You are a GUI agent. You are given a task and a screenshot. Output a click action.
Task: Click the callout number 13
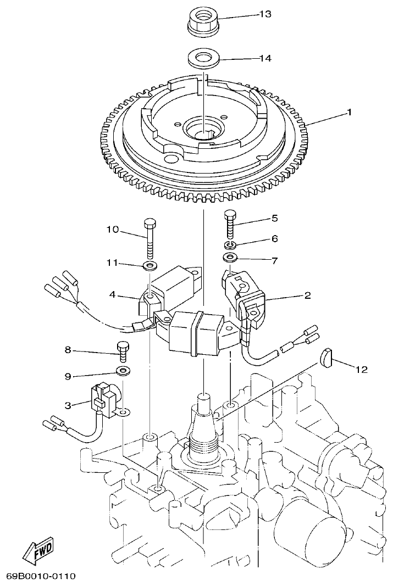[265, 14]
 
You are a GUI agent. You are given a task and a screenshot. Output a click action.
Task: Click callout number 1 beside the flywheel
[348, 112]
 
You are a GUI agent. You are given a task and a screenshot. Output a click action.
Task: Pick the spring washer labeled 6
[230, 244]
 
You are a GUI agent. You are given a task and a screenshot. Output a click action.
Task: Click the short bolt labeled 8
[123, 351]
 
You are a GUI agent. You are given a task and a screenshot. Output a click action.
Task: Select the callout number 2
[307, 295]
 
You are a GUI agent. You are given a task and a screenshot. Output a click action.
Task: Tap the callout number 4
[112, 294]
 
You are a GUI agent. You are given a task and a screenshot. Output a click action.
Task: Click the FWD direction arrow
[37, 550]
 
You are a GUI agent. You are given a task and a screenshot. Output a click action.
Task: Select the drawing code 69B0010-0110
[41, 576]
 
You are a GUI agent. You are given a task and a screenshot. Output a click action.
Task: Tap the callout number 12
[361, 370]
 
